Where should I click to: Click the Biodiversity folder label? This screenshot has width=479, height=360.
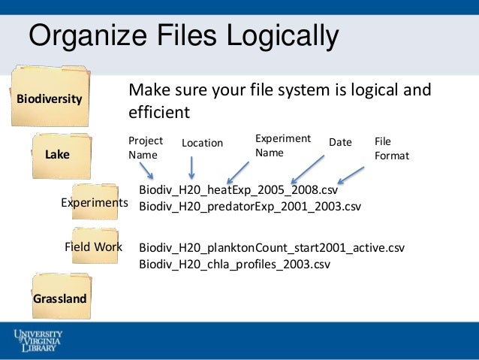(50, 98)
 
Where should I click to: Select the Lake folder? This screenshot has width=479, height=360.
(57, 155)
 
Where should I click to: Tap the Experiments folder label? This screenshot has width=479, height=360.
(94, 203)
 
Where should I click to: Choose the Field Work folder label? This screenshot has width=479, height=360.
(94, 247)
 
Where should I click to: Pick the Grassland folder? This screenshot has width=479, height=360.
(59, 298)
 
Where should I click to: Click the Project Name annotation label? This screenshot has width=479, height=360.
(144, 147)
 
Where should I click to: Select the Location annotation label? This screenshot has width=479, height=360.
(203, 143)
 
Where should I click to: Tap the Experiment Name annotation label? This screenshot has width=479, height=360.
(282, 144)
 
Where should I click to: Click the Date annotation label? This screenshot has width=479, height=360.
(340, 142)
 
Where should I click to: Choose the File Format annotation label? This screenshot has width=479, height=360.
(390, 149)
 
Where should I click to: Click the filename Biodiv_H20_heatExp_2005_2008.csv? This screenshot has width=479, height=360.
(239, 190)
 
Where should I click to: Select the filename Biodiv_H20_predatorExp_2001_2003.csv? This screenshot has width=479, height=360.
(250, 205)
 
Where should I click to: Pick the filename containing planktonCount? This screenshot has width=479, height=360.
(272, 248)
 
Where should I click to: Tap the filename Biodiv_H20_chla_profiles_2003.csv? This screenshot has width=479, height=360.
(235, 264)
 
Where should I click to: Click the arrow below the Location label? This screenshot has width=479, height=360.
(193, 167)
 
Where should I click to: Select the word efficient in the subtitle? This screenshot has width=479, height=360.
(160, 112)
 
